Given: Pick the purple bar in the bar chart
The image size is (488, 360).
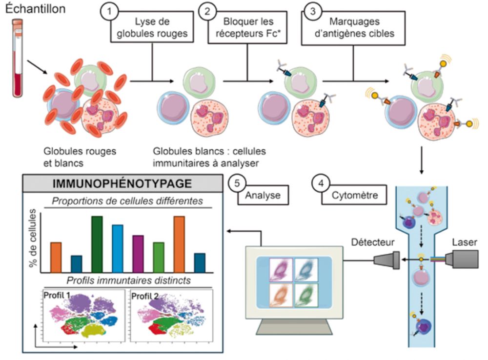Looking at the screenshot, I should pyautogui.click(x=138, y=253).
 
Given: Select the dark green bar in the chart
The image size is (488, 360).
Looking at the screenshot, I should pyautogui.click(x=97, y=244).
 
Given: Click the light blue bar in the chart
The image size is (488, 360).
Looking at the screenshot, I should pyautogui.click(x=118, y=248).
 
